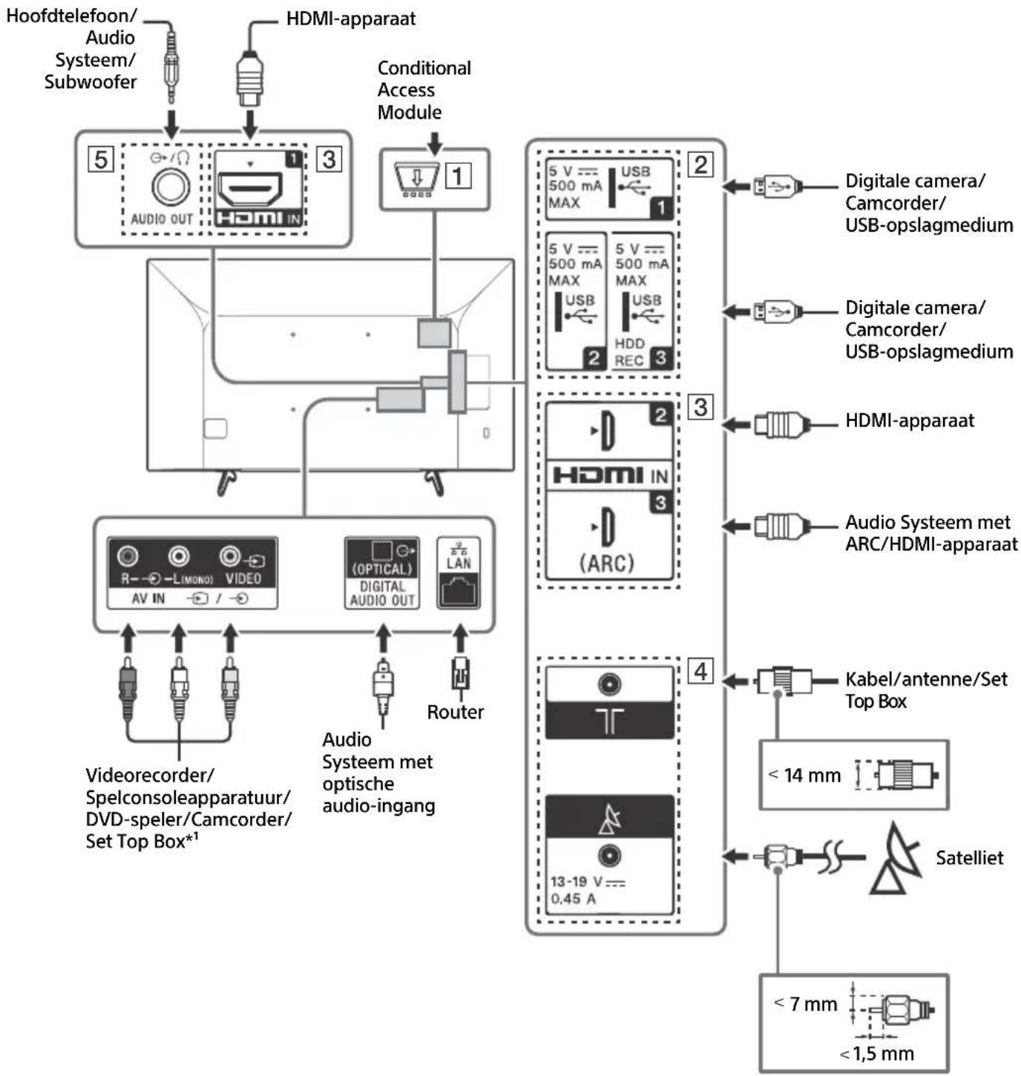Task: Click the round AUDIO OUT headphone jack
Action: click(171, 186)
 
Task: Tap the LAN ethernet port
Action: click(459, 590)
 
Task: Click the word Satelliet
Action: click(968, 858)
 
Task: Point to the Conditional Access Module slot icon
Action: click(416, 179)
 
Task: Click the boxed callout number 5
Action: click(101, 160)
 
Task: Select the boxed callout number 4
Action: click(700, 671)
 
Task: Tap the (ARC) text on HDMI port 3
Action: click(606, 563)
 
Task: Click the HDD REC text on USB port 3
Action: click(628, 352)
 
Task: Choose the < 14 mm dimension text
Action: click(804, 775)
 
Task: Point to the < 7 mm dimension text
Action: click(805, 1004)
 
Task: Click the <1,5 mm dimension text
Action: click(876, 1053)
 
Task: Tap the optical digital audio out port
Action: click(382, 550)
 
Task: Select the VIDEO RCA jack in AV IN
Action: click(230, 556)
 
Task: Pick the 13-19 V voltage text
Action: click(587, 881)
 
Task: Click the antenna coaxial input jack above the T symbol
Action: click(609, 684)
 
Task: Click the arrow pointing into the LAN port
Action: click(460, 638)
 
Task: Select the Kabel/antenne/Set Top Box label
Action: click(926, 690)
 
